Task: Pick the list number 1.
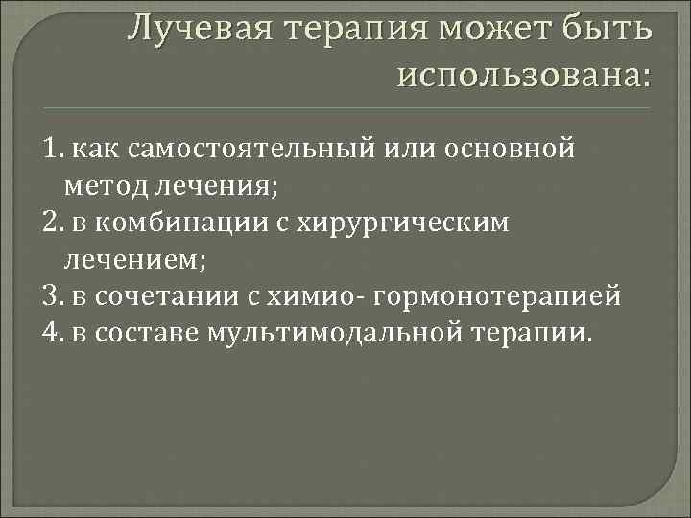click(52, 149)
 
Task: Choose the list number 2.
click(54, 224)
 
